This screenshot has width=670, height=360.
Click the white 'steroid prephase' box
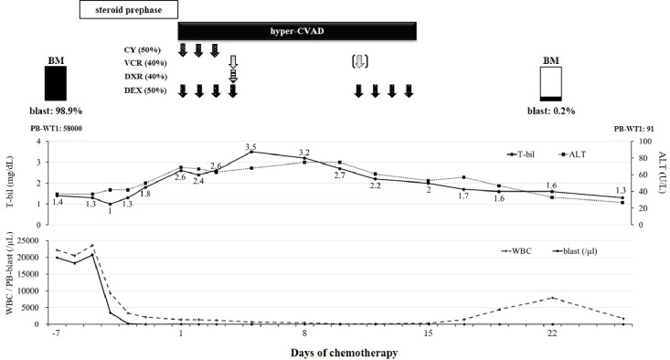(x=126, y=10)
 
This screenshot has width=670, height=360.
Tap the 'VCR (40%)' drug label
(x=144, y=63)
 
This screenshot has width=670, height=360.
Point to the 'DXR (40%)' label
(x=144, y=77)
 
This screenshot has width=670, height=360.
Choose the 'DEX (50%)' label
(x=144, y=90)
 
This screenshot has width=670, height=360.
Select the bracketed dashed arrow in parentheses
(x=359, y=62)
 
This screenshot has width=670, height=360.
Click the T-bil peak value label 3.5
(x=251, y=146)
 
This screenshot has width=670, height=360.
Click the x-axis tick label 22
(x=552, y=334)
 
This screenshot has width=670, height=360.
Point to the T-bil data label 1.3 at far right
(x=622, y=190)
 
